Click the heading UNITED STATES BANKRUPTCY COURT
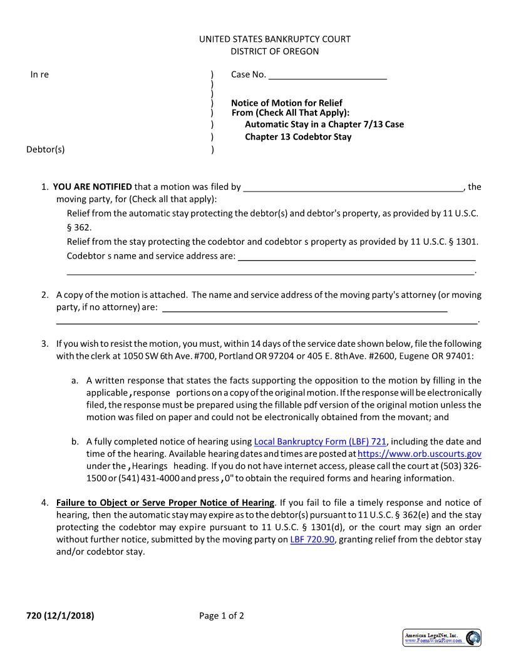click(274, 39)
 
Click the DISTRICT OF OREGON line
click(274, 51)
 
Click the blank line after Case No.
click(328, 75)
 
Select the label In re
click(39, 74)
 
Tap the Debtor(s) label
click(45, 149)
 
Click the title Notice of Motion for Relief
click(287, 103)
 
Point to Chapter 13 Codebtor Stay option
click(298, 136)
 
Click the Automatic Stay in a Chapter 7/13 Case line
click(324, 124)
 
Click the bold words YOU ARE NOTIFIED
click(93, 187)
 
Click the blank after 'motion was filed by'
click(353, 187)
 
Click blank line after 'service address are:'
click(356, 256)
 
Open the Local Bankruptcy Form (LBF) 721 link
click(320, 441)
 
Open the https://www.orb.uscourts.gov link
click(419, 454)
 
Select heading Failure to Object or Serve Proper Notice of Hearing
click(165, 503)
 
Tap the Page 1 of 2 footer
click(222, 615)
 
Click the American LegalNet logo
click(441, 638)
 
